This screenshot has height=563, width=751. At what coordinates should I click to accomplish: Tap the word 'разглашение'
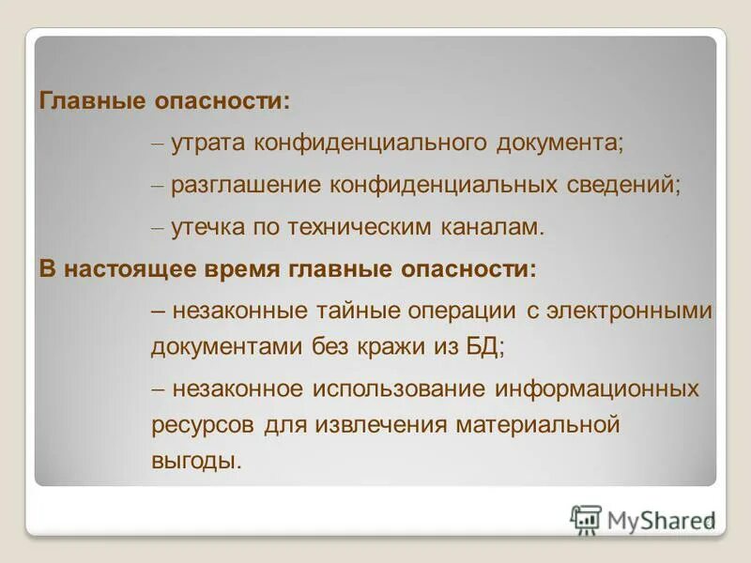(x=246, y=185)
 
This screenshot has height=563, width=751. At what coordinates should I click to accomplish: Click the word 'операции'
(x=445, y=312)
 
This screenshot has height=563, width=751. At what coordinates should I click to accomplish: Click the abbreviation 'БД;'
(x=485, y=345)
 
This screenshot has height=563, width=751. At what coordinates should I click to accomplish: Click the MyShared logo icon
(x=587, y=519)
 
